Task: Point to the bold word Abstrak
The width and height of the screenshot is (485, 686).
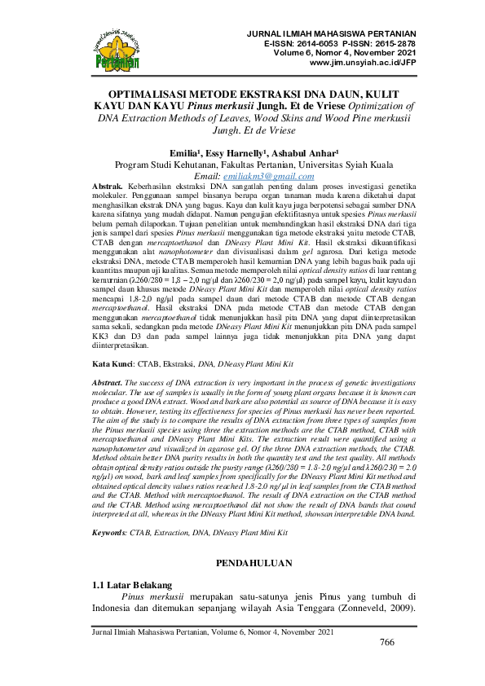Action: [x=108, y=187]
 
